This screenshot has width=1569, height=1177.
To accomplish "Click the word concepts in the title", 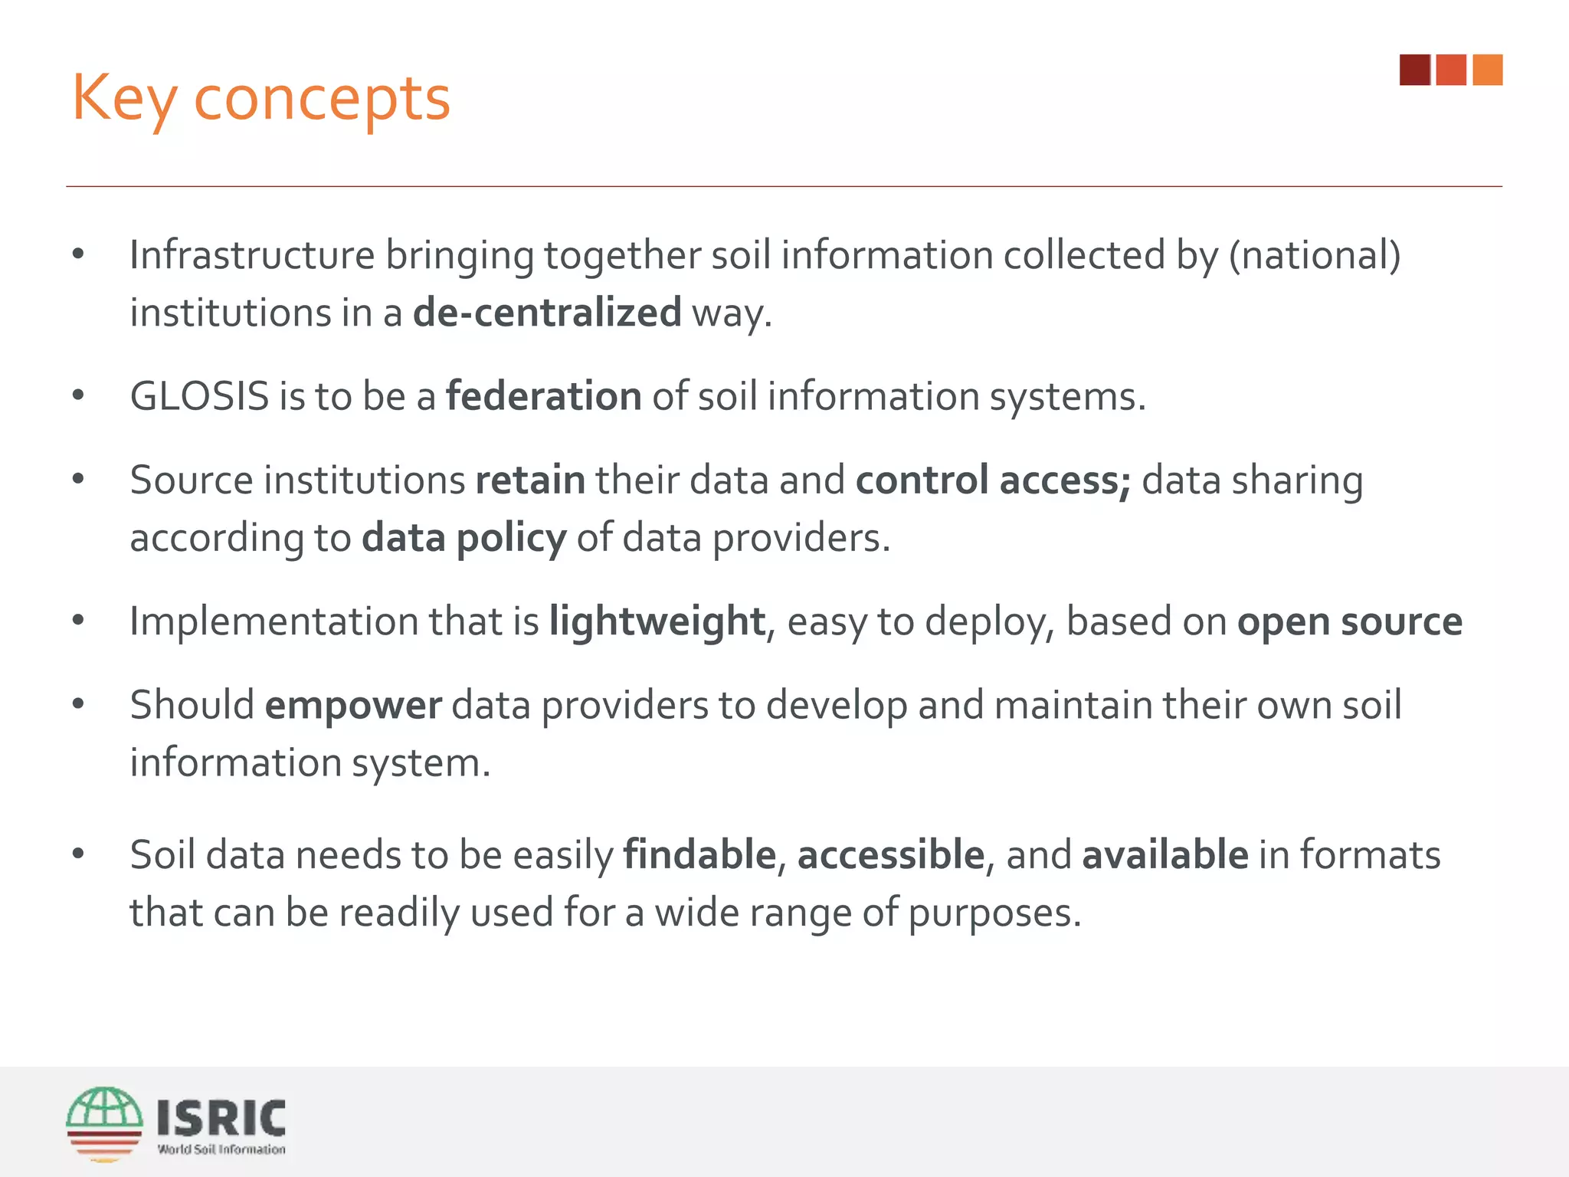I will (x=322, y=100).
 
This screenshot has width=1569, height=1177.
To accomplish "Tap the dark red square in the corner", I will (x=1414, y=70).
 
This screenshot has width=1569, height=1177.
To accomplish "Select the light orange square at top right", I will (x=1487, y=70).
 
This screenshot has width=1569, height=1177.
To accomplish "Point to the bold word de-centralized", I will (x=547, y=313).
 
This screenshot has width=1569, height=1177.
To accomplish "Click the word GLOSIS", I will (x=199, y=396).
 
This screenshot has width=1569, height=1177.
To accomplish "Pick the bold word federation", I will (x=544, y=396).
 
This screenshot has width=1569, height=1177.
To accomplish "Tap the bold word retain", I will (x=530, y=480).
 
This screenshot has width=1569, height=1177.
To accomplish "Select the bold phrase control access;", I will (x=993, y=480).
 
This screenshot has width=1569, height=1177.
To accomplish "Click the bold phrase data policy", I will (x=464, y=538).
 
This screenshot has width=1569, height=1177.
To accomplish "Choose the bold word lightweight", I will (x=657, y=621).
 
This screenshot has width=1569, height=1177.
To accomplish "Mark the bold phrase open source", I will (x=1350, y=621).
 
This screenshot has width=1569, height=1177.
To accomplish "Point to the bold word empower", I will (x=353, y=705).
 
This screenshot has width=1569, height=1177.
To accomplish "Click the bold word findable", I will (x=699, y=855).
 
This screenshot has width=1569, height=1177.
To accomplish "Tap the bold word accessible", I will (x=890, y=855).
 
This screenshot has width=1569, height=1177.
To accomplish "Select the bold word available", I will (x=1165, y=855).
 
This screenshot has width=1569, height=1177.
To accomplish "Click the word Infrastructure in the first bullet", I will (x=252, y=255).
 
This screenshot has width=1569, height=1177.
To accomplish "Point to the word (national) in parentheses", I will (x=1315, y=255).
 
